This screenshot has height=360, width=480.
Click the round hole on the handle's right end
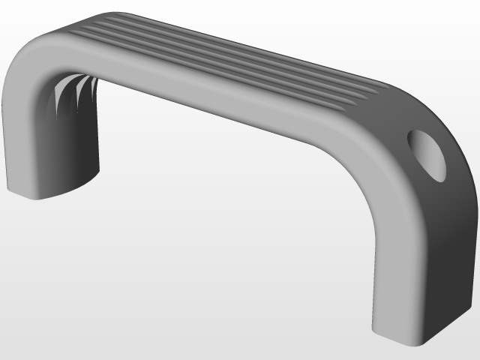click(x=428, y=154)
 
